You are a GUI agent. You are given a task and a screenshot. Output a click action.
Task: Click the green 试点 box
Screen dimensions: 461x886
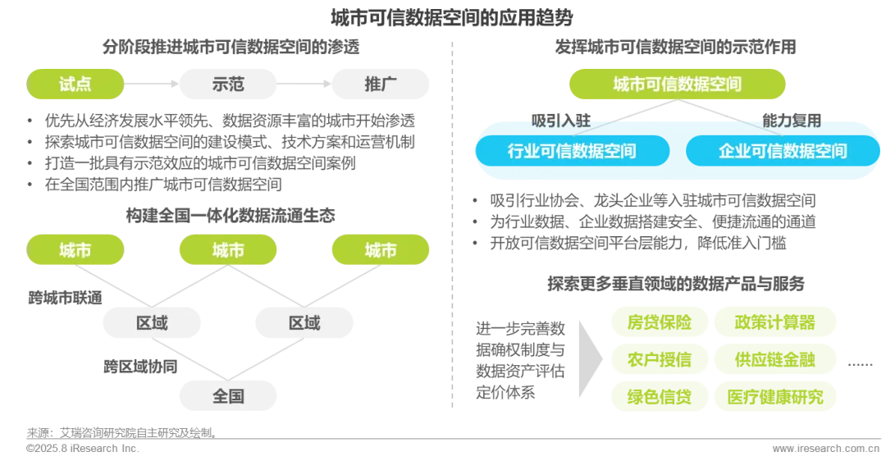75,84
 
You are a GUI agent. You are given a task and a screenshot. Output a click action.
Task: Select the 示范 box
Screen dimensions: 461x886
228,84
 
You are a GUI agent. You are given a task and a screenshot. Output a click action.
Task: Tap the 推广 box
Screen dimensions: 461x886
380,84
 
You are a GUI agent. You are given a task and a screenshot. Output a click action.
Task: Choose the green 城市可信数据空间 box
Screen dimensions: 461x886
678,84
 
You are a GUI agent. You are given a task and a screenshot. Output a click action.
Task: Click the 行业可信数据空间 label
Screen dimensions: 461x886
572,151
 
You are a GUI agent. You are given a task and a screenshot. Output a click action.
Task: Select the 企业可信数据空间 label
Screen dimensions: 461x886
783,151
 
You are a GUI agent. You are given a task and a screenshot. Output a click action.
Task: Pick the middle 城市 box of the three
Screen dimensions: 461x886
228,250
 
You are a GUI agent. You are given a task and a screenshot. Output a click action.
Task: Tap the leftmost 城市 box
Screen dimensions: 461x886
75,250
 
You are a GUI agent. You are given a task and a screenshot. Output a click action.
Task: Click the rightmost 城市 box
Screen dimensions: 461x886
380,250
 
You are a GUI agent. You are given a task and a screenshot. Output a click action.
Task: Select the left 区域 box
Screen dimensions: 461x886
151,323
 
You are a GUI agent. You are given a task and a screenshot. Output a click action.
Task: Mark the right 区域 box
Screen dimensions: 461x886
304,323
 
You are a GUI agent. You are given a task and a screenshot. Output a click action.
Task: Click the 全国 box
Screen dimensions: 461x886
228,396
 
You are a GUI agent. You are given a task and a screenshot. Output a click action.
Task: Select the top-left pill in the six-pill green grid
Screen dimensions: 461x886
659,320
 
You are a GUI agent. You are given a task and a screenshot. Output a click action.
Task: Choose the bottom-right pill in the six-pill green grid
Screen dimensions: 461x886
777,397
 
